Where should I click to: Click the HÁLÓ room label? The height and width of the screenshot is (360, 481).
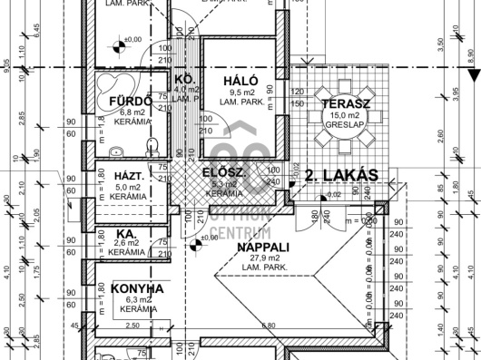click(234, 81)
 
